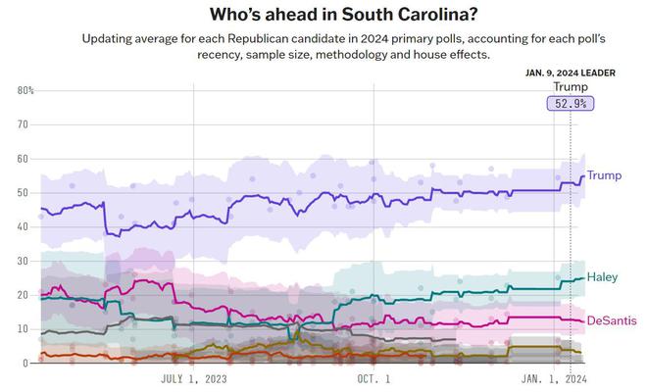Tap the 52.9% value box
571,103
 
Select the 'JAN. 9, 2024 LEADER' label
571,73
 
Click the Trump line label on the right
604,175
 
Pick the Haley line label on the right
603,278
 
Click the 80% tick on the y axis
25,91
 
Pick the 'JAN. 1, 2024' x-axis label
554,378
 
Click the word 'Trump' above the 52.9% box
571,87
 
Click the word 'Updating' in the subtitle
110,38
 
